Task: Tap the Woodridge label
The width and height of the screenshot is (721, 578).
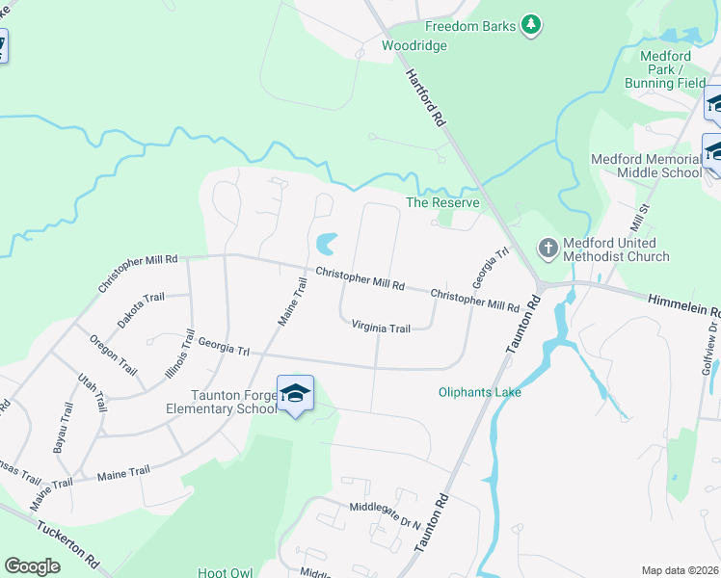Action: (x=414, y=45)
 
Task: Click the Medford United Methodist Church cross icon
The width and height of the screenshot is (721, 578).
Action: (x=547, y=249)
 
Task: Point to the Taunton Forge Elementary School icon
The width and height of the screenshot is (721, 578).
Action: (x=296, y=393)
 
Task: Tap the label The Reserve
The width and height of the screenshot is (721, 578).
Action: (x=442, y=202)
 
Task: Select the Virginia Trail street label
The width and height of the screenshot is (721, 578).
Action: (x=381, y=328)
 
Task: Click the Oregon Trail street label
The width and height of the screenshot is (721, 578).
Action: (x=113, y=354)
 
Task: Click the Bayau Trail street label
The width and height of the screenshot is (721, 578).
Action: (x=66, y=426)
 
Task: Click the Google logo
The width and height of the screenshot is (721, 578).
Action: (x=32, y=566)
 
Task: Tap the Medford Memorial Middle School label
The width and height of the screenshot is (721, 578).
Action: (x=646, y=166)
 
